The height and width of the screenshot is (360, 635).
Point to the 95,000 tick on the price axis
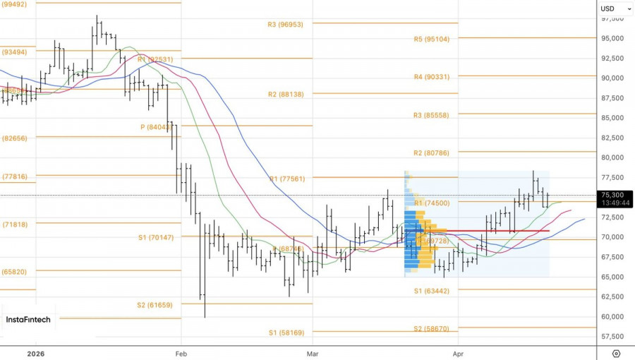click(x=611, y=38)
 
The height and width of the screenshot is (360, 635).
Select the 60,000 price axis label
click(x=611, y=316)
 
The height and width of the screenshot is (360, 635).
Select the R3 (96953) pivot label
click(x=285, y=24)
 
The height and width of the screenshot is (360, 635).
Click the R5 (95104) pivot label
click(x=431, y=39)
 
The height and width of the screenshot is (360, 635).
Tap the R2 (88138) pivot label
click(x=285, y=94)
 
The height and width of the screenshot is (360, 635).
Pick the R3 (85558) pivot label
click(x=431, y=115)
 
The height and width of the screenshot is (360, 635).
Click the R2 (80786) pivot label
click(x=431, y=152)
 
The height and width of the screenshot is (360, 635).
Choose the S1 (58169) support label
click(x=285, y=332)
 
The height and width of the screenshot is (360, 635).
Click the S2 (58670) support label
click(x=431, y=328)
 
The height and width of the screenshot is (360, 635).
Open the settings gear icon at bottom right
click(x=616, y=352)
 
